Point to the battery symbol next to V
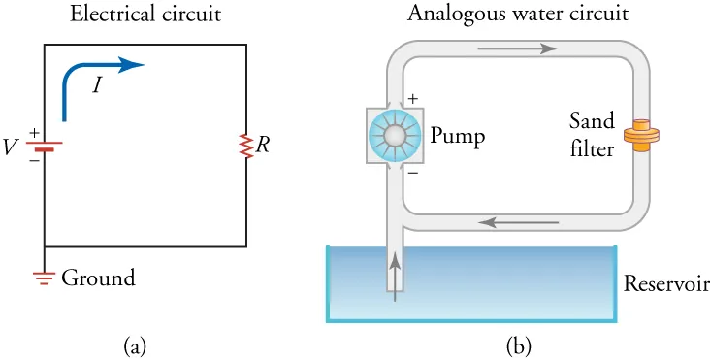[x=45, y=147]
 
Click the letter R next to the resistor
[x=263, y=146]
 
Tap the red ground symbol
[x=45, y=278]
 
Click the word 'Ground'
[x=98, y=278]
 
